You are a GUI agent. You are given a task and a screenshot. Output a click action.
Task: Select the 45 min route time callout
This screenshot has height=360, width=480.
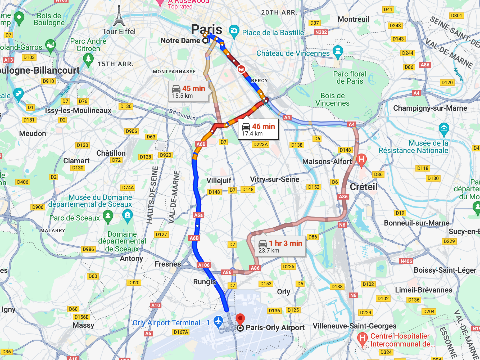click(188, 92)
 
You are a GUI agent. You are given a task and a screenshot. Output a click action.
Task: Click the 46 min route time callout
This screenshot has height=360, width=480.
click(258, 129)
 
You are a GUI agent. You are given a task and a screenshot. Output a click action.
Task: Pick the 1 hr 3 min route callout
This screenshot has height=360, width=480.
click(280, 246)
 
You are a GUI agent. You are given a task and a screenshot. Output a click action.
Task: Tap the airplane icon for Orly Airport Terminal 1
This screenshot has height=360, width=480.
click(218, 321)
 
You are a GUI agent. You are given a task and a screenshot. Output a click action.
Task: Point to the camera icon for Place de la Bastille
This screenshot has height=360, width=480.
click(234, 30)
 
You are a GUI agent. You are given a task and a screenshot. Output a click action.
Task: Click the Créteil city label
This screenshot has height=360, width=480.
click(364, 187)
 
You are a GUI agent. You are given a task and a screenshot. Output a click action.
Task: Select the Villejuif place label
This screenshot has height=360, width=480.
click(219, 181)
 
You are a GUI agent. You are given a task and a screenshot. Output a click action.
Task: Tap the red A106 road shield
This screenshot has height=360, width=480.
click(204, 265)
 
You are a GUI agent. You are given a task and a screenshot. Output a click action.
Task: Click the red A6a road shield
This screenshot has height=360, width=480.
click(198, 215)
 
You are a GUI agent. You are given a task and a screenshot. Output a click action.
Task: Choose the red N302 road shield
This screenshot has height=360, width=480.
click(321, 32)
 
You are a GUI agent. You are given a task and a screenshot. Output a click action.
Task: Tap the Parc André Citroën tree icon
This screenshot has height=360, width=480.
click(88, 58)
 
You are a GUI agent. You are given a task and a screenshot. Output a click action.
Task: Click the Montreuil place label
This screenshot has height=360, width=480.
click(353, 19)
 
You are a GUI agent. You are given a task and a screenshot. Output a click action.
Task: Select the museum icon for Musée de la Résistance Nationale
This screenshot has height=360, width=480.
click(444, 128)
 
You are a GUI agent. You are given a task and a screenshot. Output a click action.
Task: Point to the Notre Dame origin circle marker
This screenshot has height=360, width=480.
click(205, 40)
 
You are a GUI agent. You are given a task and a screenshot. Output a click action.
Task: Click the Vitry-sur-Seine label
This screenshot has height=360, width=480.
click(274, 179)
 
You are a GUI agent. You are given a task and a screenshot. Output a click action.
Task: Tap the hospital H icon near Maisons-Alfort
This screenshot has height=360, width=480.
click(361, 159)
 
